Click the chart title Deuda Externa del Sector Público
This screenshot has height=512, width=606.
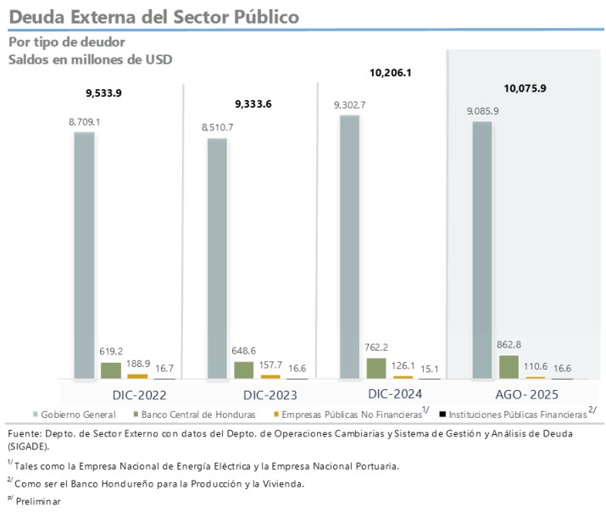tap(153, 16)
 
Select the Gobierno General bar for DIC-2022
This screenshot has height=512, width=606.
tap(84, 254)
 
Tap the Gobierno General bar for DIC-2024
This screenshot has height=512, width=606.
tap(349, 246)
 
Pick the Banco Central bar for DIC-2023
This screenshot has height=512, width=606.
tap(243, 370)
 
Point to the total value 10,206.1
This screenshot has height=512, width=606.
tap(390, 73)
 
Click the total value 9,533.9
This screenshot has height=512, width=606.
tap(104, 92)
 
